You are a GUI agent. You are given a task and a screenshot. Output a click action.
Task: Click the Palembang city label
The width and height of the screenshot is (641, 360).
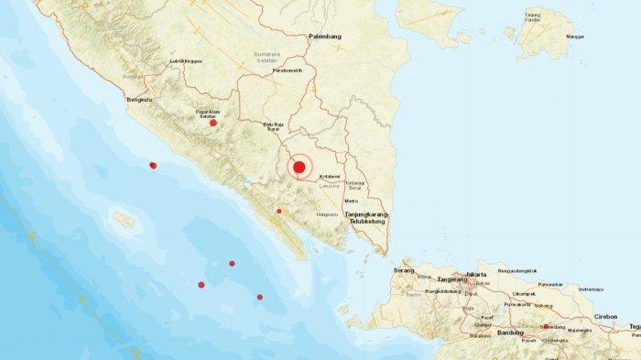[325, 37]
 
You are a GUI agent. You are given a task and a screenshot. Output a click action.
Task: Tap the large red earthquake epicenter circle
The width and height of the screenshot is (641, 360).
[298, 167]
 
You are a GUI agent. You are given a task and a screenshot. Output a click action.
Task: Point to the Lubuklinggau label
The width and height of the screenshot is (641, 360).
[186, 61]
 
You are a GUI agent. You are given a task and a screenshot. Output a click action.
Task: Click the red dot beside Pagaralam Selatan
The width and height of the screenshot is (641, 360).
[213, 123]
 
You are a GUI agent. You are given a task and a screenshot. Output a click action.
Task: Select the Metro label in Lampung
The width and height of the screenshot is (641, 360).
[351, 201]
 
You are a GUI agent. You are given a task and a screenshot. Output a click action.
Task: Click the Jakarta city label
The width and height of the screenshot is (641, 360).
[475, 274]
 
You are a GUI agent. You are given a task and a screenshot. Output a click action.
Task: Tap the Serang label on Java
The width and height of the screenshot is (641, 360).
[403, 270]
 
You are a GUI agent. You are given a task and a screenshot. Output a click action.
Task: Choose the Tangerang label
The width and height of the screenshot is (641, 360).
[451, 279]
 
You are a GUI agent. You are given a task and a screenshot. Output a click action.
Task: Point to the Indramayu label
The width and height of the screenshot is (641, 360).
[591, 289]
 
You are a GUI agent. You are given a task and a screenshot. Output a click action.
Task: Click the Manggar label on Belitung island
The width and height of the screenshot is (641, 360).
[575, 37]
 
